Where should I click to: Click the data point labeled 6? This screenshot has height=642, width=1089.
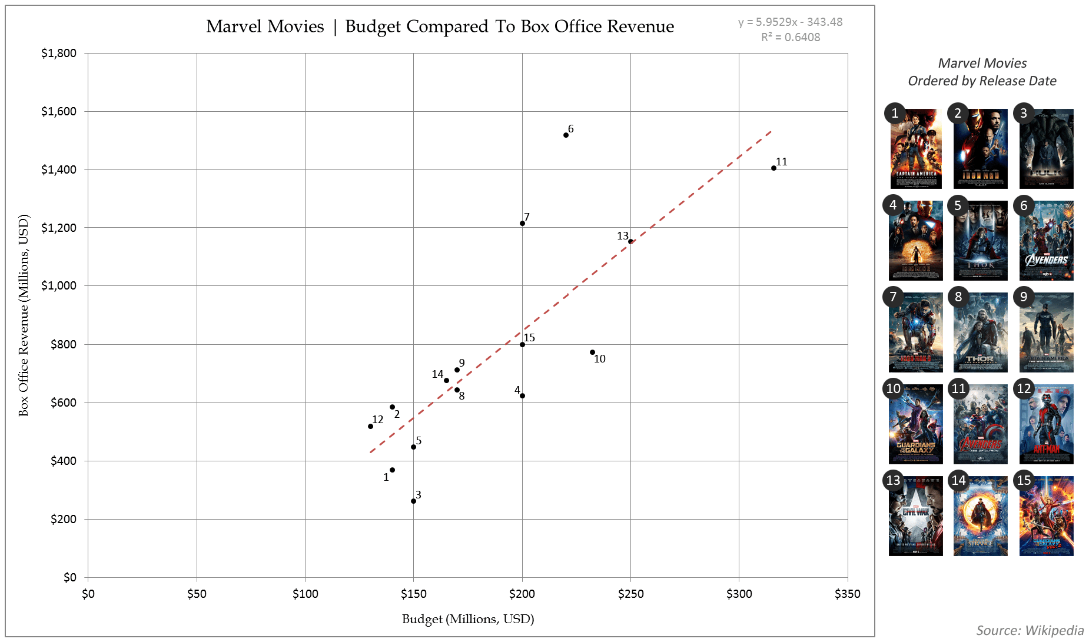click(566, 135)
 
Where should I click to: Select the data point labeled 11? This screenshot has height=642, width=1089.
click(773, 168)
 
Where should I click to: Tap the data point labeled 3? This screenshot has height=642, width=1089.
click(413, 501)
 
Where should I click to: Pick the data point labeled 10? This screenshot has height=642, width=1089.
click(592, 352)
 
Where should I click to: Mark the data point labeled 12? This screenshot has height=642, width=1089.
click(370, 427)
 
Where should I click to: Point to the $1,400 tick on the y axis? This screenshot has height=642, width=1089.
click(59, 170)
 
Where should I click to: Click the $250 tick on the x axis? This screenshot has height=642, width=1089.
click(630, 594)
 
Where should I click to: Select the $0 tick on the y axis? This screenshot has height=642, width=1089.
click(69, 577)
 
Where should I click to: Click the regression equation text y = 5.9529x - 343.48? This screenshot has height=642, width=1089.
click(790, 22)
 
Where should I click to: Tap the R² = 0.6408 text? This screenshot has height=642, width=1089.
click(790, 38)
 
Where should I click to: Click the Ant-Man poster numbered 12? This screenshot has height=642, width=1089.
click(1046, 425)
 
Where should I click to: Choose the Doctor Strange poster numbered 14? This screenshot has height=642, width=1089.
click(980, 517)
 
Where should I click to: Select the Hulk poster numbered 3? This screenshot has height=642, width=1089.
click(1046, 149)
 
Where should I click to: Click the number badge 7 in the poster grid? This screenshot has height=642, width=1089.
click(893, 297)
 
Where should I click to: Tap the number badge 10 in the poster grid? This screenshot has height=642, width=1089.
click(893, 388)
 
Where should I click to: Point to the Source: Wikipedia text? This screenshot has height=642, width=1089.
click(1030, 630)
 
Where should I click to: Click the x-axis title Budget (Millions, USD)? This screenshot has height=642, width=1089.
click(468, 619)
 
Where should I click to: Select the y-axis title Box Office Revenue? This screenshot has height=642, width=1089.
click(24, 315)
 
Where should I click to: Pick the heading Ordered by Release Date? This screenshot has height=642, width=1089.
click(982, 81)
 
